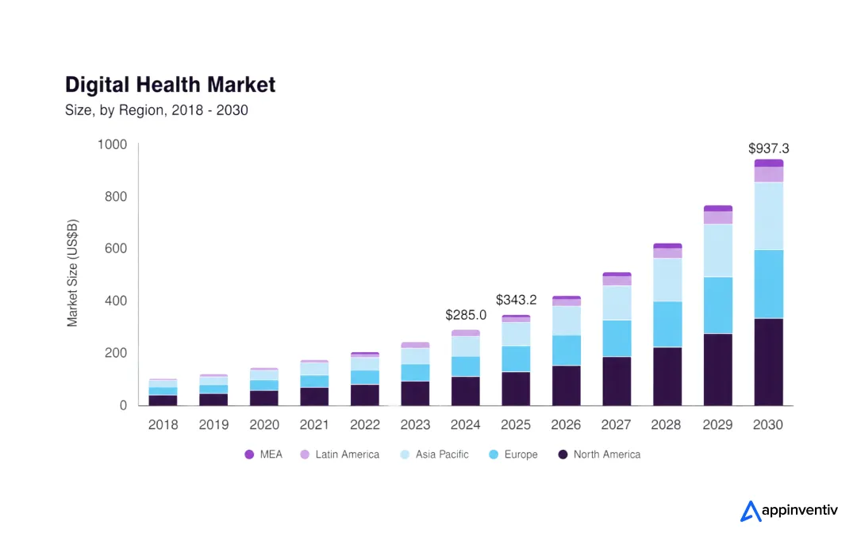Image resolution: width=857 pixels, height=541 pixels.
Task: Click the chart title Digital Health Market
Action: pyautogui.click(x=170, y=85)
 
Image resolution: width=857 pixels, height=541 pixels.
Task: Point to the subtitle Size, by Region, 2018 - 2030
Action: pyautogui.click(x=156, y=110)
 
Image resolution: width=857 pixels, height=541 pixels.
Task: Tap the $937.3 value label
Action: pyautogui.click(x=768, y=148)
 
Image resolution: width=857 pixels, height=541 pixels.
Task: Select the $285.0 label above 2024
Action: pyautogui.click(x=466, y=315)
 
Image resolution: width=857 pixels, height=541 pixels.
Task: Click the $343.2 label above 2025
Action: pyautogui.click(x=516, y=300)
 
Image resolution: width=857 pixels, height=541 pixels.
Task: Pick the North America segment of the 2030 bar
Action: pyautogui.click(x=768, y=362)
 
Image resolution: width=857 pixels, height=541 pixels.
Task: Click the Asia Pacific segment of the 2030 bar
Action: pyautogui.click(x=768, y=216)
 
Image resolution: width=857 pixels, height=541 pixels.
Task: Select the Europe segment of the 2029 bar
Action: pyautogui.click(x=718, y=305)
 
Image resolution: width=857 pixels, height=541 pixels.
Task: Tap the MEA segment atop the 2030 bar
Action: pyautogui.click(x=768, y=163)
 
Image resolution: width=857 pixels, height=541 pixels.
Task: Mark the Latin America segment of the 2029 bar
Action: pyautogui.click(x=718, y=217)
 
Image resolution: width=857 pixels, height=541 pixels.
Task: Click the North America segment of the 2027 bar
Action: pyautogui.click(x=617, y=381)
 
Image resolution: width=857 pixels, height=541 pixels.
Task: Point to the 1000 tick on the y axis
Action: pyautogui.click(x=112, y=144)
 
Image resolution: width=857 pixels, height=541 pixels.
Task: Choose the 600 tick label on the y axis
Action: pyautogui.click(x=115, y=248)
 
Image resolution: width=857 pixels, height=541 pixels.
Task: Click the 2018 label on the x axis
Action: pyautogui.click(x=163, y=424)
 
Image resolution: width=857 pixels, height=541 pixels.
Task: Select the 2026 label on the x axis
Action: pyautogui.click(x=566, y=424)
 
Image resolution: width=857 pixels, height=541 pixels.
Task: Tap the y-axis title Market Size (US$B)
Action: pyautogui.click(x=73, y=274)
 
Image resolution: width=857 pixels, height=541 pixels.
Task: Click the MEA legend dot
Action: pyautogui.click(x=249, y=455)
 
